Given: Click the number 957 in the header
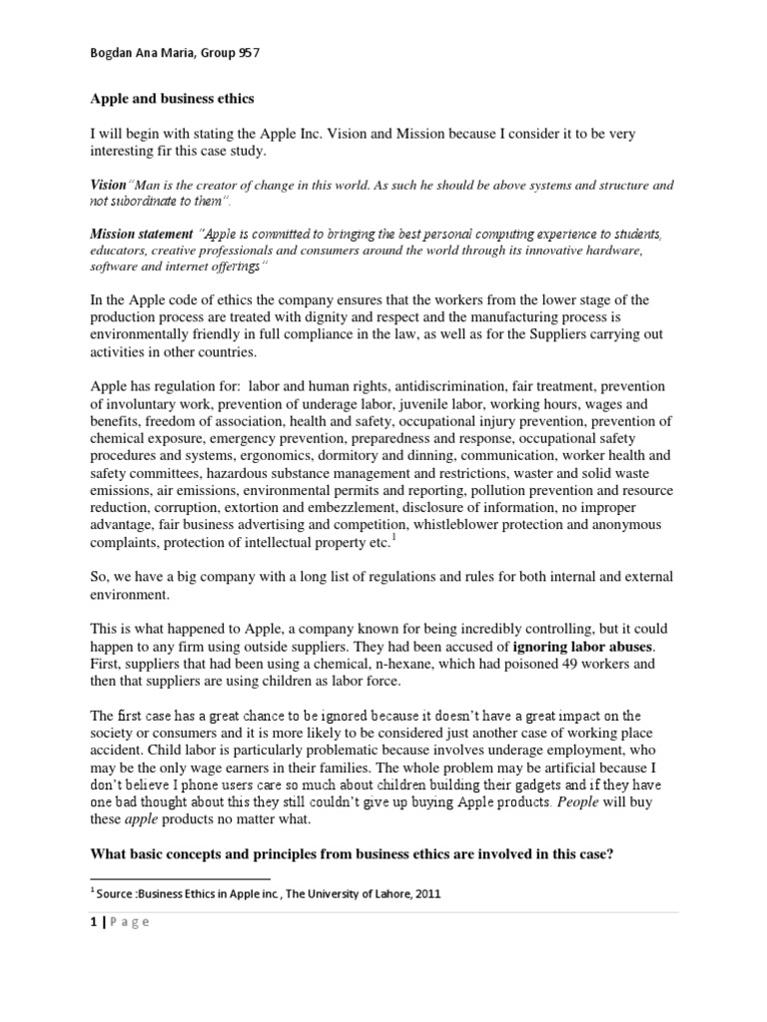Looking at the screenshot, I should [257, 55].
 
